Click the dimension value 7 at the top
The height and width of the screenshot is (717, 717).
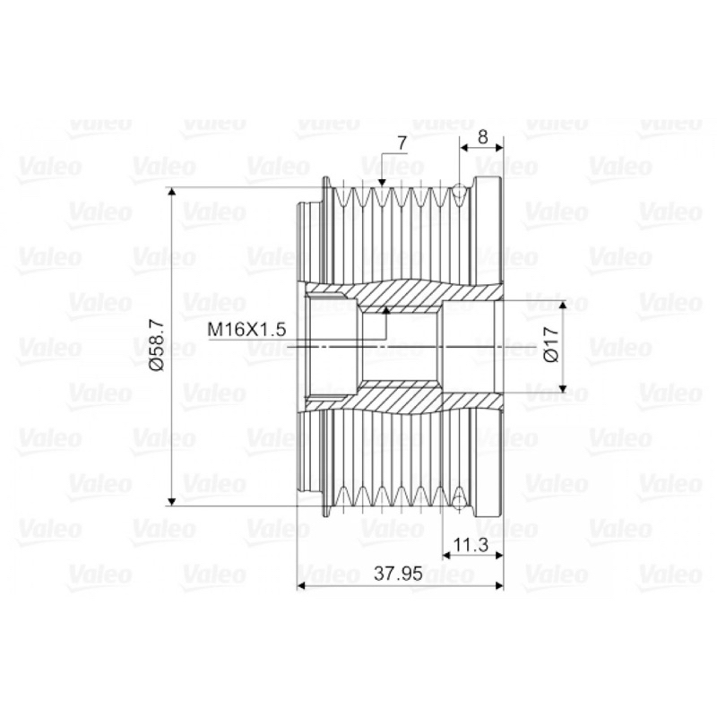pos(402,143)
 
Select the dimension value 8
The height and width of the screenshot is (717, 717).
pos(483,137)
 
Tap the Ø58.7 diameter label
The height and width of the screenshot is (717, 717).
pos(156,345)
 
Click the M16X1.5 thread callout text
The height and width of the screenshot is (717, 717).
pos(246,329)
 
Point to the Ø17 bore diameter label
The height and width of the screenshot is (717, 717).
pos(552,345)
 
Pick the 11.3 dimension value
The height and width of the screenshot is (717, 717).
pos(471,545)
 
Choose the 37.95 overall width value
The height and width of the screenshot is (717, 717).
pos(398,574)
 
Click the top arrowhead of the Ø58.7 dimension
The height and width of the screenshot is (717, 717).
pos(172,192)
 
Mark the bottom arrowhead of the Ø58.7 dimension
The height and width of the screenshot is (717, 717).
pos(172,501)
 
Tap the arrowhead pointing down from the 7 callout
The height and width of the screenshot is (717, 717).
pos(383,183)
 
